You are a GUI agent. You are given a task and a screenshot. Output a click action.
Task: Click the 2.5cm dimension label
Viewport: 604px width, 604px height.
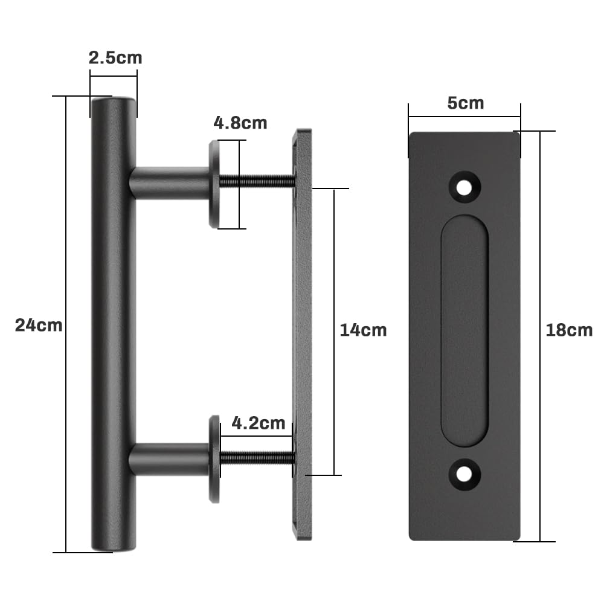point(115,58)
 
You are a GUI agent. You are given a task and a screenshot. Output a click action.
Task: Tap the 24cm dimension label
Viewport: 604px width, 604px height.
point(39,325)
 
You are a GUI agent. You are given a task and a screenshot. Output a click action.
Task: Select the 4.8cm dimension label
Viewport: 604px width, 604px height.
point(240,123)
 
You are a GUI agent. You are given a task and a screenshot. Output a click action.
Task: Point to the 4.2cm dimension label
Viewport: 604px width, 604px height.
point(258,423)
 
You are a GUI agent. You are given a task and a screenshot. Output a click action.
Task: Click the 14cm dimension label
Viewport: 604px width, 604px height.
point(363,330)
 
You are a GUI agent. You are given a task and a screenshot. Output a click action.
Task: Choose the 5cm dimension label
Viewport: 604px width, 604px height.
point(465,103)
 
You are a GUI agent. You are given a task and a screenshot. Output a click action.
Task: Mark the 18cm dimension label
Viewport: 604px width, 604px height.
point(569,330)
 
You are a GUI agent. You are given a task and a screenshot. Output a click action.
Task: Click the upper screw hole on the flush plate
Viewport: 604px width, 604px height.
point(464,187)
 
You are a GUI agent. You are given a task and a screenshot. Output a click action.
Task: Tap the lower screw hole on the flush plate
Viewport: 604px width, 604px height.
point(464,474)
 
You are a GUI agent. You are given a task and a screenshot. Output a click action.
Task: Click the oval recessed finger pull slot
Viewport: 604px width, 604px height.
point(464,330)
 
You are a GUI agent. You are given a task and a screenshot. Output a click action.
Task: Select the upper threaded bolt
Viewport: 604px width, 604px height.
point(257,181)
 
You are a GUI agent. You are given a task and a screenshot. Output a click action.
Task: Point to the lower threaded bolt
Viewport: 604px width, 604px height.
point(257,458)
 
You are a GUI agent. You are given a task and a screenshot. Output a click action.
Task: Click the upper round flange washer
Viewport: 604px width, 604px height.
point(214,184)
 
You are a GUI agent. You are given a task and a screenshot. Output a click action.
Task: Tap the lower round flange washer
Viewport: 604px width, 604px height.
point(214,459)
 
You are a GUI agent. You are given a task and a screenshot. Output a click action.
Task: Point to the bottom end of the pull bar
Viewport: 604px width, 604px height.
point(114,545)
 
